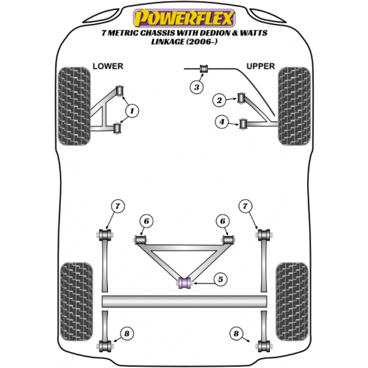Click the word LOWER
pyautogui.click(x=108, y=66)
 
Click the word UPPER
pyautogui.click(x=261, y=66)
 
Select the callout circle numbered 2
pyautogui.click(x=218, y=100)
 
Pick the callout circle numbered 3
pyautogui.click(x=196, y=88)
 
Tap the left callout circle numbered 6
pyautogui.click(x=145, y=221)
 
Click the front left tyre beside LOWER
pyautogui.click(x=74, y=105)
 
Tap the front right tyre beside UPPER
pyautogui.click(x=293, y=105)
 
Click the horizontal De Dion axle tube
pyautogui.click(x=185, y=302)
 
